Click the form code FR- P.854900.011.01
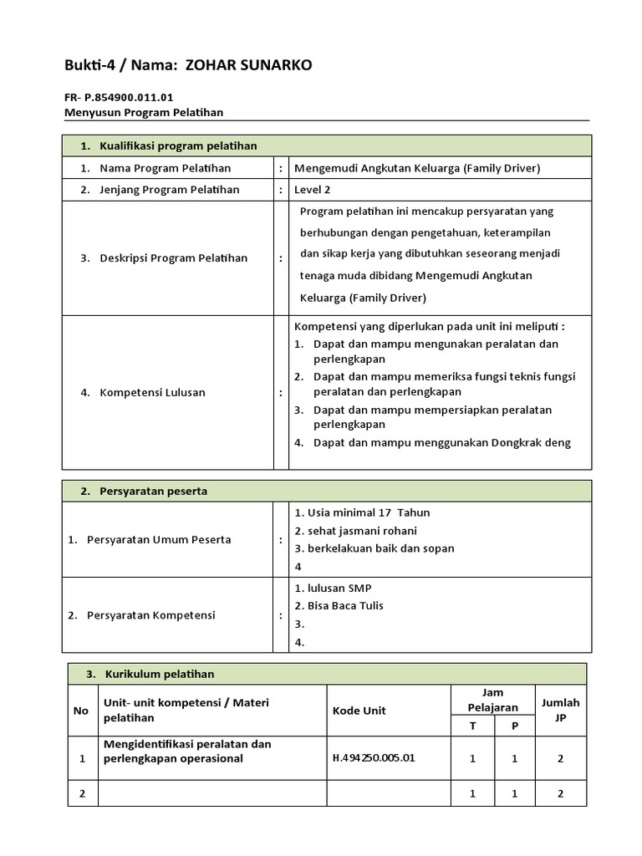point(119,97)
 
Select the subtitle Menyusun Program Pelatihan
point(144,112)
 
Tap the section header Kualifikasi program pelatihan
point(178,146)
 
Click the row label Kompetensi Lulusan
point(152,392)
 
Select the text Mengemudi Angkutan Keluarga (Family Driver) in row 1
point(417,168)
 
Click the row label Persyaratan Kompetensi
point(150,615)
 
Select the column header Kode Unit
point(359,711)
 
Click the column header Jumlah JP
point(560,710)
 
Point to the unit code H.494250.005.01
point(374,758)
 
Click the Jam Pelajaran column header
point(493,701)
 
